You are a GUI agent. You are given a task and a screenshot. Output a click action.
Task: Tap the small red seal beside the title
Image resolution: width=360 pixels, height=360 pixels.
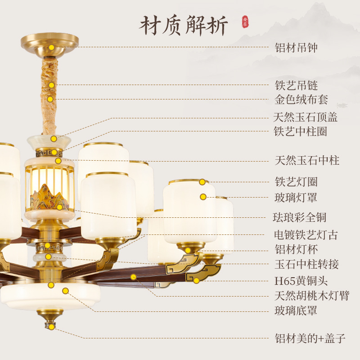(x=245, y=21)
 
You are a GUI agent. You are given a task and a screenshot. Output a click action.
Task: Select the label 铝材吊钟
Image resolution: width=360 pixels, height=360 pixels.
(x=296, y=48)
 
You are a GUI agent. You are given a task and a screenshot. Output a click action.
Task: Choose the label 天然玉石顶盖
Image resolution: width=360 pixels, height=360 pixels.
(x=306, y=117)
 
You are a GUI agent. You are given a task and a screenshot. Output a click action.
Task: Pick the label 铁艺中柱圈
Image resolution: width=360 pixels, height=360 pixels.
(x=300, y=132)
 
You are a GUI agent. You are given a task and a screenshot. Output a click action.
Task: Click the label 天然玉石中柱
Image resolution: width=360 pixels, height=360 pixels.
(x=307, y=160)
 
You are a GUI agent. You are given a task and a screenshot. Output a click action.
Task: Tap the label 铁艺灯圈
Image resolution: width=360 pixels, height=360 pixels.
(x=296, y=182)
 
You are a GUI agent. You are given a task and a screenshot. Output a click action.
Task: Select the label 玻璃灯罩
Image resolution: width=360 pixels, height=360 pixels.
(x=296, y=197)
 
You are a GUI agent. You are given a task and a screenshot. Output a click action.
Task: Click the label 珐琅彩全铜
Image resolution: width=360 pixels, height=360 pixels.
(x=301, y=216)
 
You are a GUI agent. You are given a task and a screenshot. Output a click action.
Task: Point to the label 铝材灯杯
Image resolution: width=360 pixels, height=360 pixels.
(x=296, y=249)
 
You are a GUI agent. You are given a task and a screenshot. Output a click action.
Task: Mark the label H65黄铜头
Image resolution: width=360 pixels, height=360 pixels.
(x=301, y=281)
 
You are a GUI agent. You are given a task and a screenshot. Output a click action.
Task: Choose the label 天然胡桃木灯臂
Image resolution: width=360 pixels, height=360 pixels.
(x=312, y=296)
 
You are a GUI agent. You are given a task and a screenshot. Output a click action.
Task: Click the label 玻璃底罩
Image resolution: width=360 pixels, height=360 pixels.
(x=296, y=310)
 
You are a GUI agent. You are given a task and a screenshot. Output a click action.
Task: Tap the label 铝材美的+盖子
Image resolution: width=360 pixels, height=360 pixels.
(x=310, y=338)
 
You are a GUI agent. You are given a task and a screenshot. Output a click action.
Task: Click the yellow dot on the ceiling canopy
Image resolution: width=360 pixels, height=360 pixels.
(x=52, y=47)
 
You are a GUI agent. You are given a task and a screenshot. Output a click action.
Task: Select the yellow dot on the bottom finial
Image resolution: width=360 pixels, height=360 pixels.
(x=52, y=327)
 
